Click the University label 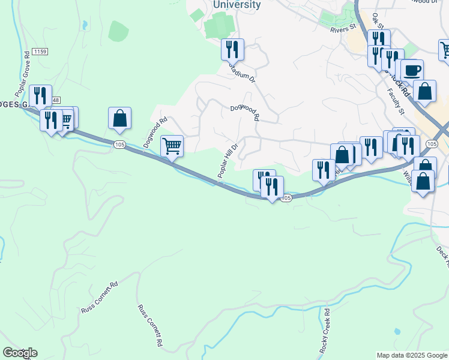(x=237, y=5)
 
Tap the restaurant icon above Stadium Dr (x=232, y=49)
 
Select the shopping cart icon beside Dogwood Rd (x=172, y=146)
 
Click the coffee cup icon (x=412, y=71)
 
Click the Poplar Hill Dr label (x=229, y=160)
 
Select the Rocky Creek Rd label (x=325, y=331)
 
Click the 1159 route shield (x=40, y=52)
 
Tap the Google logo (x=20, y=353)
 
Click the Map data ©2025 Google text (x=411, y=355)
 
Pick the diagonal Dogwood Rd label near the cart (x=155, y=133)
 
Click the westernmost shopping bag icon (x=119, y=118)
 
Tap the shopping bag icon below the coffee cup (x=425, y=92)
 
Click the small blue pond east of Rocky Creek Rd (x=396, y=331)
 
